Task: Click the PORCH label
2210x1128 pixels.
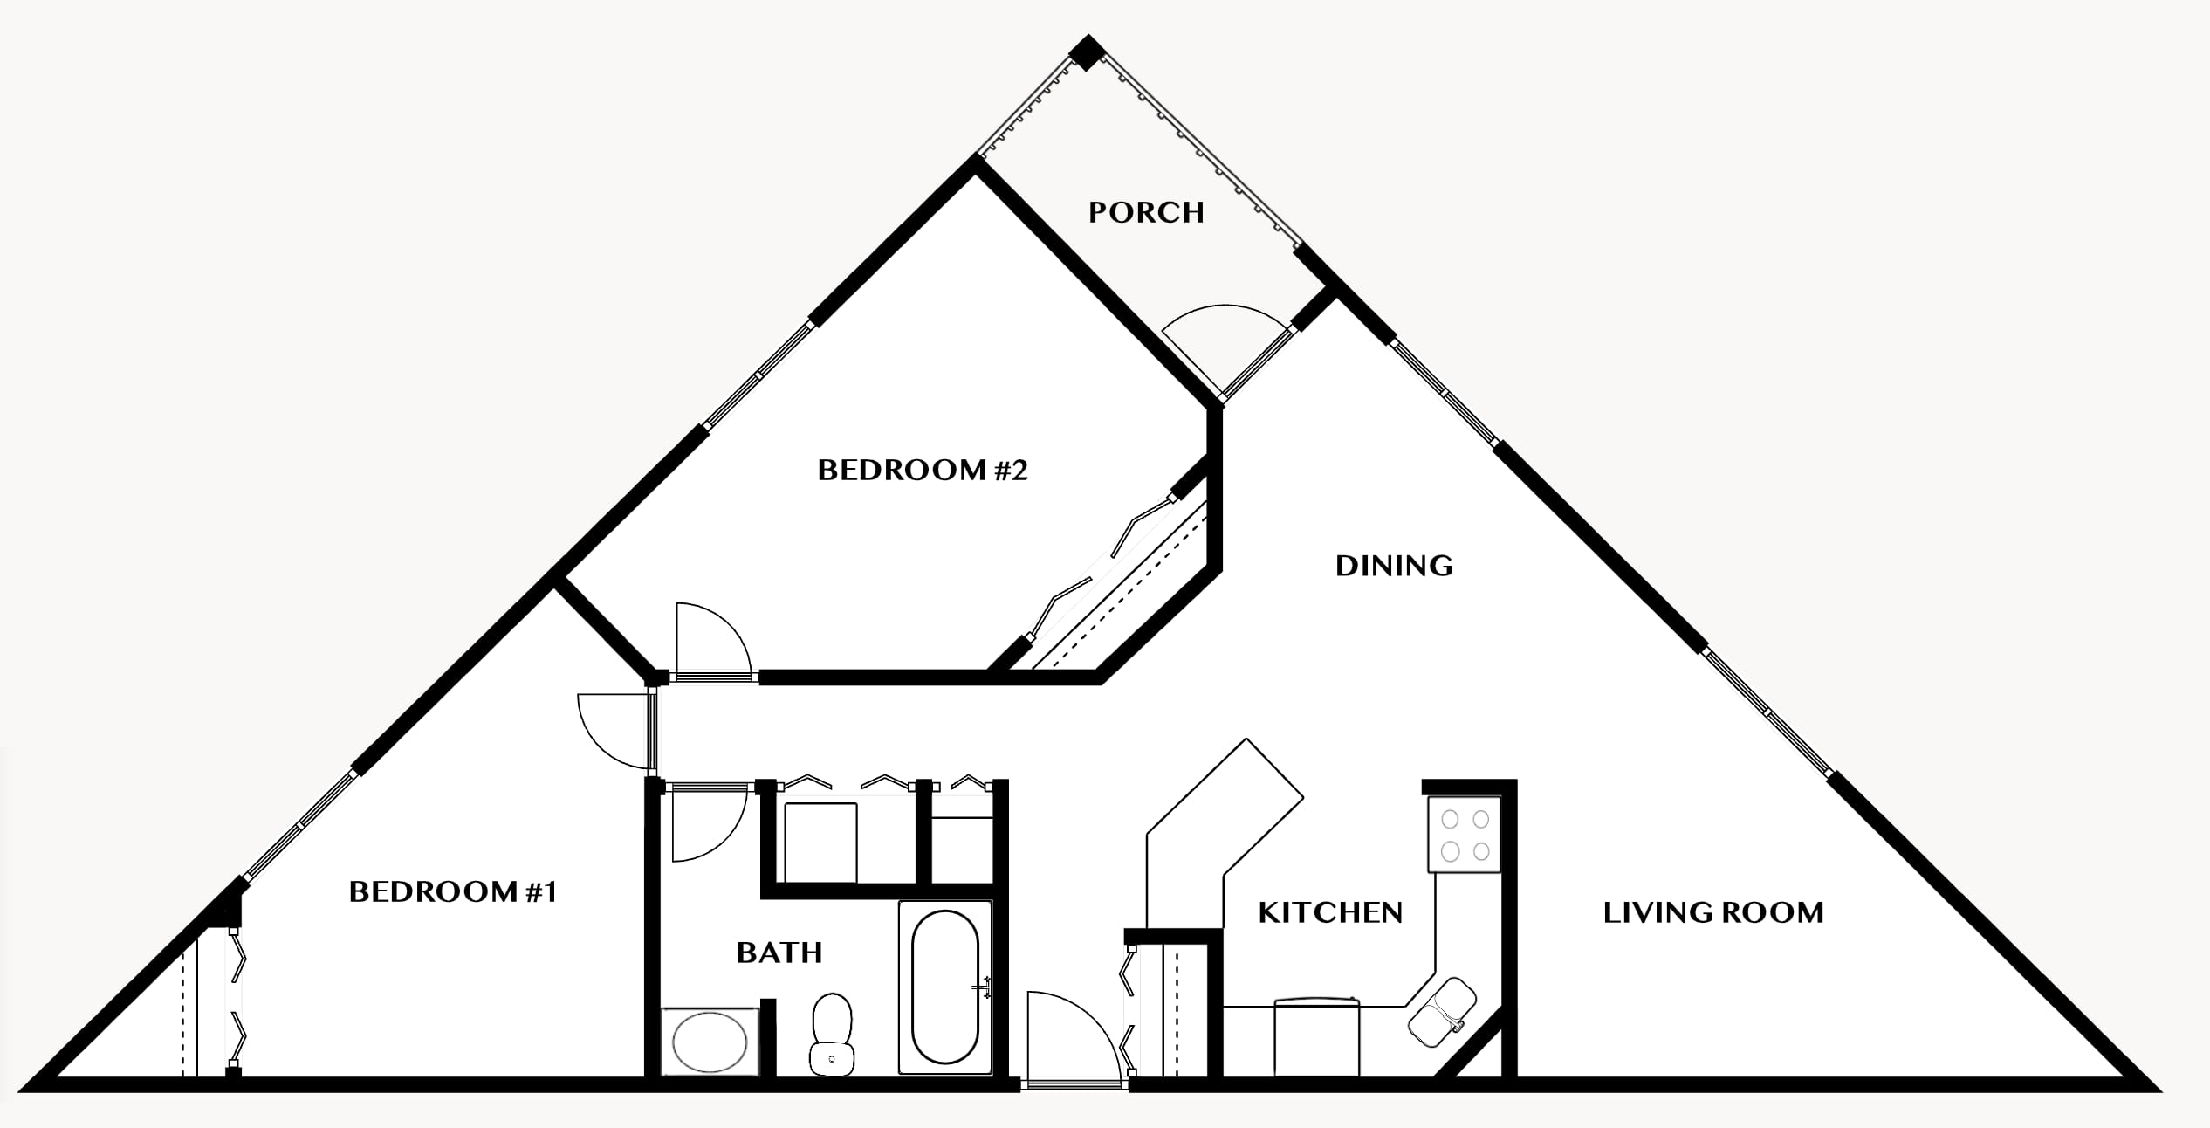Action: (x=1146, y=212)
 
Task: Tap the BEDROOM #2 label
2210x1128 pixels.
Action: (x=923, y=471)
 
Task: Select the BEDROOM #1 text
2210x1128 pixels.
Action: (x=453, y=891)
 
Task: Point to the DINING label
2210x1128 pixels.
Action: (x=1394, y=566)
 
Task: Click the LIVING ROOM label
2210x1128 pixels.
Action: (x=1713, y=912)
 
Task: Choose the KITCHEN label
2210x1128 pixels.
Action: (x=1330, y=912)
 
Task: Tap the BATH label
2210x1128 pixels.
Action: (x=779, y=952)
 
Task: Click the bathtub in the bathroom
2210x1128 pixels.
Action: (x=945, y=987)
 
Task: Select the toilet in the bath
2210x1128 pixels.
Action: (x=832, y=1034)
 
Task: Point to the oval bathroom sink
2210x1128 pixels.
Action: (x=710, y=1042)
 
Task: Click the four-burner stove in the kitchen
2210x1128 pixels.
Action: (x=1465, y=835)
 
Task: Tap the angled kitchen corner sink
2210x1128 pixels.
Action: (x=1442, y=1012)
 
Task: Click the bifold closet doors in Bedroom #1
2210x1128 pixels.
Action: (x=237, y=999)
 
